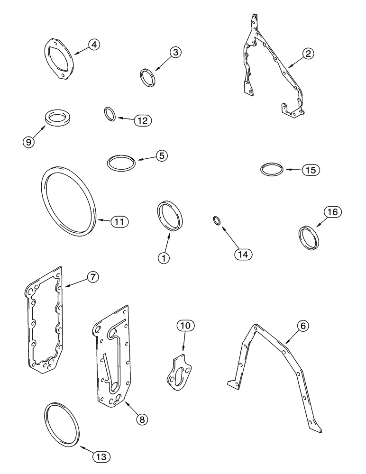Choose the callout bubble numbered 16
pos(332,212)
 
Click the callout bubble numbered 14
pos(243,254)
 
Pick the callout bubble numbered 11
pos(119,221)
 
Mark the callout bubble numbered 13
pos(101,457)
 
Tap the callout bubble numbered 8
pos(141,419)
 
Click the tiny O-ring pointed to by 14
pos(216,220)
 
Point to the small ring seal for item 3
pos(147,77)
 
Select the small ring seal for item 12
pos(110,114)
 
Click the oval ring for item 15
pos(273,170)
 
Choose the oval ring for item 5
pos(121,163)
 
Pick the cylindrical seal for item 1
pos(169,216)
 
